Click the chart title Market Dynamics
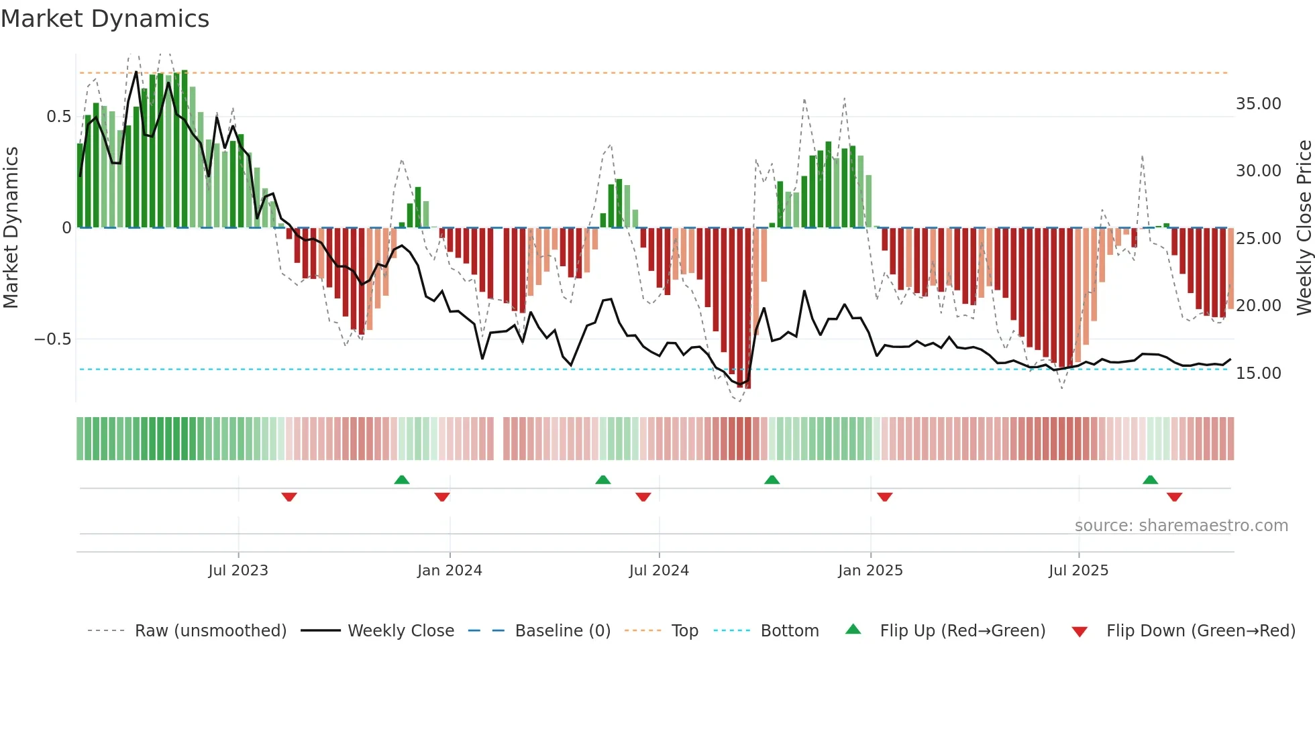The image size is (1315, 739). tap(105, 19)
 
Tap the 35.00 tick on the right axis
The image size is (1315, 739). tap(1258, 104)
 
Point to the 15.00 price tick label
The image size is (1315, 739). tap(1258, 374)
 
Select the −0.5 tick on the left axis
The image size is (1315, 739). tap(52, 339)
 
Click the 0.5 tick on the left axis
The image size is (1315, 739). tap(58, 117)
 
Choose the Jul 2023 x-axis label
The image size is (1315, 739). tap(238, 571)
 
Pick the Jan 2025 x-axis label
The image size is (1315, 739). tap(870, 571)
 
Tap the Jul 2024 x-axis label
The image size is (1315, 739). tap(659, 571)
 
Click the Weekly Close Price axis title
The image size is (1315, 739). tap(1304, 228)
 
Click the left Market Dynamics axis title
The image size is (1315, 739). tap(11, 228)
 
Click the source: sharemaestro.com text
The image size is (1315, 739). tap(1181, 526)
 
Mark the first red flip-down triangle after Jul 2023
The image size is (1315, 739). tap(289, 497)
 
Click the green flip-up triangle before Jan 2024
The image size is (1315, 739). tap(402, 479)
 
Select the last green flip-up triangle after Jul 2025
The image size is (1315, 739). tap(1150, 479)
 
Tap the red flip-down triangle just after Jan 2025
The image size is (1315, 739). tap(884, 497)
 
